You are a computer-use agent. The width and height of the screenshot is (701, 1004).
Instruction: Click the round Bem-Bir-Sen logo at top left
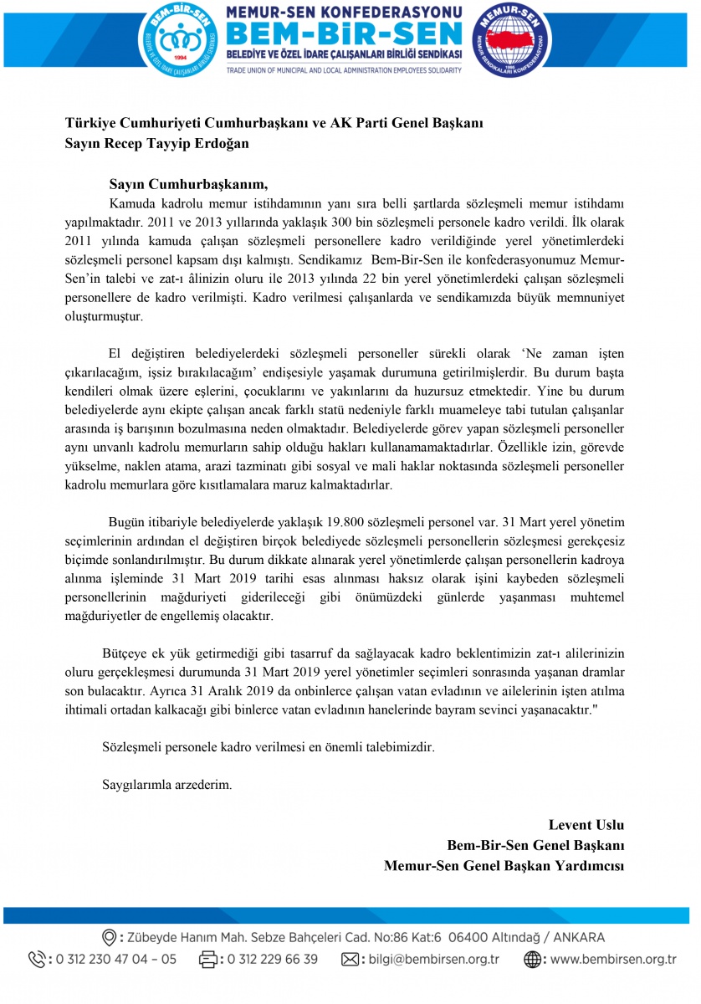[177, 39]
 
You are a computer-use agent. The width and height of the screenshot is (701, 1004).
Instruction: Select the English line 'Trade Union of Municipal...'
[344, 70]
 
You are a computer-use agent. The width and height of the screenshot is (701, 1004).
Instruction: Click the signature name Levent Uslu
[586, 825]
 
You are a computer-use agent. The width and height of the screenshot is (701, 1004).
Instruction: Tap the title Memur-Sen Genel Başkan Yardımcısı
[504, 865]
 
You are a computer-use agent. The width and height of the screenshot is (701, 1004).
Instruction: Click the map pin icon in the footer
[108, 937]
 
